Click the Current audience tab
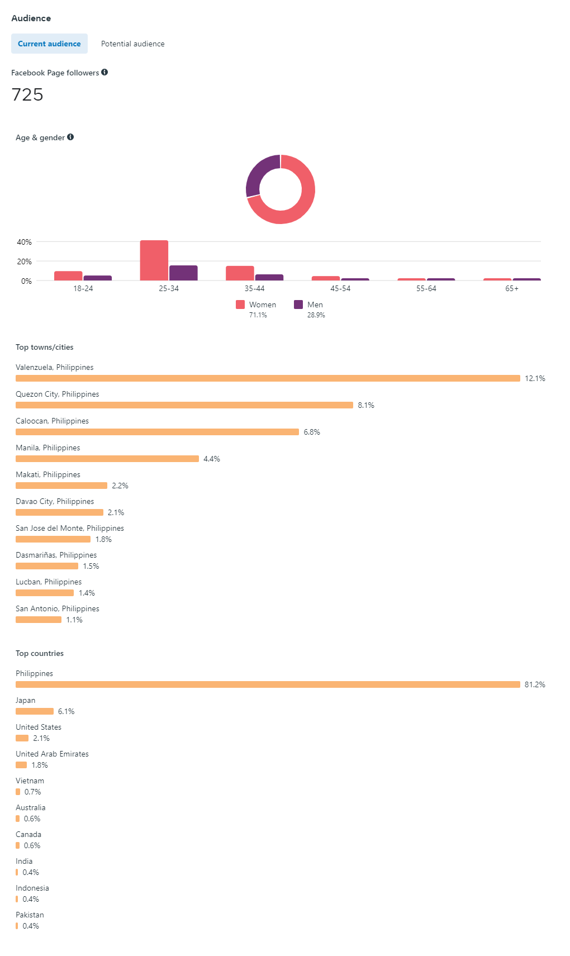[49, 44]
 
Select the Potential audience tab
[132, 44]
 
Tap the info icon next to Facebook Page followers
[104, 72]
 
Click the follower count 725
[27, 94]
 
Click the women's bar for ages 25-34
[154, 260]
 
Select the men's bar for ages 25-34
[183, 273]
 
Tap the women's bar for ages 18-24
[68, 275]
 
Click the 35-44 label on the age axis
[254, 288]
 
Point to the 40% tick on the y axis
[25, 242]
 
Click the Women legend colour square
[240, 305]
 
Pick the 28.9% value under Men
[316, 315]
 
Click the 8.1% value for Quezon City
[366, 405]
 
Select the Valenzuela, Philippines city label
[55, 367]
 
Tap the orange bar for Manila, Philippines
[107, 459]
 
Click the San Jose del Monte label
[70, 528]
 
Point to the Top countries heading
[40, 653]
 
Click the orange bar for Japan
[35, 711]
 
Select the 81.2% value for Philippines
[535, 684]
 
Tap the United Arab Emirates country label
[52, 754]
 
